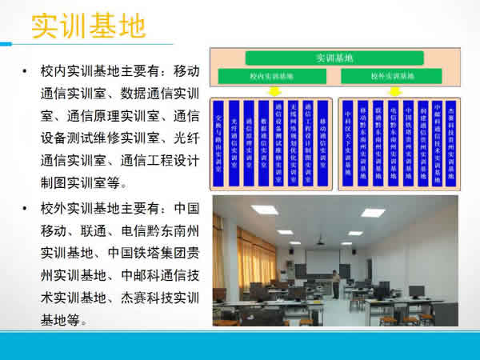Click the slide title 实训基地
[x=88, y=26]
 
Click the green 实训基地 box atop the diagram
[x=334, y=58]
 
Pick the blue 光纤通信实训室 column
[x=234, y=144]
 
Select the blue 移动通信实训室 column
[x=322, y=144]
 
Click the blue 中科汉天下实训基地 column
[x=348, y=144]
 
